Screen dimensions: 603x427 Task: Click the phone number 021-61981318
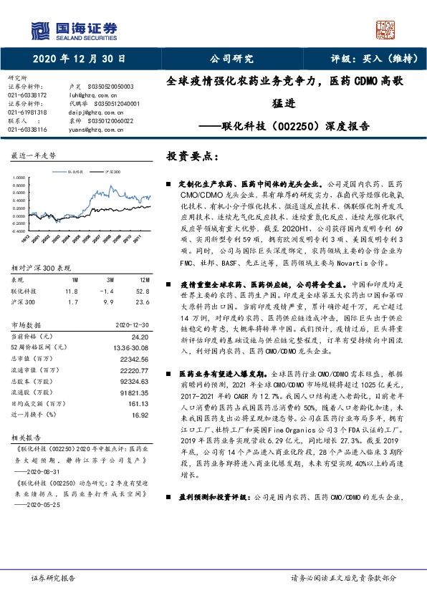coord(27,112)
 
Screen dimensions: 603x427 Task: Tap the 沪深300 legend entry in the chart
coord(110,173)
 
